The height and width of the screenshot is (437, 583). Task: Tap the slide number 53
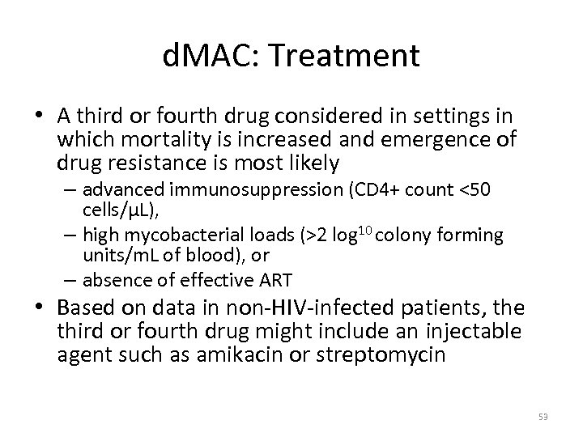[543, 417]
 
